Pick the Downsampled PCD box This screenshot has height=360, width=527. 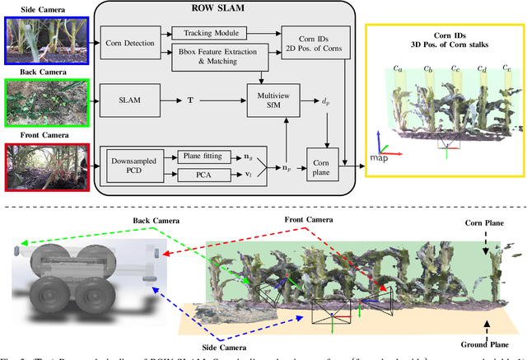(x=130, y=161)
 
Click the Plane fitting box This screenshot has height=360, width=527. (x=208, y=154)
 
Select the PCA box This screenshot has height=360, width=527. (x=208, y=173)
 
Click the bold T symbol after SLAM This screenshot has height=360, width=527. (x=192, y=101)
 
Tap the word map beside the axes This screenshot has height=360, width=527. (x=379, y=157)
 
